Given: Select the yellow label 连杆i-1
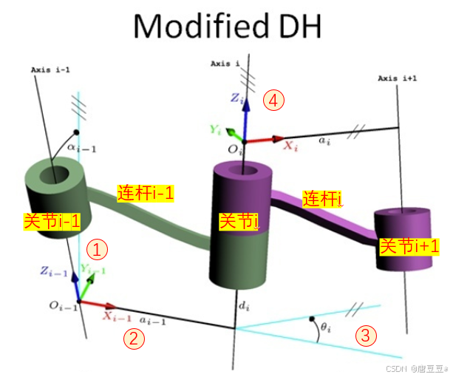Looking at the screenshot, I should coord(146,194).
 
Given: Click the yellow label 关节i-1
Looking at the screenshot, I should coord(51,220).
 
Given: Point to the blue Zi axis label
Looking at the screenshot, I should coord(234,98).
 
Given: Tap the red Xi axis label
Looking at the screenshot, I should coord(291,146).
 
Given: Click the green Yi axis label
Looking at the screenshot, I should coord(216,129).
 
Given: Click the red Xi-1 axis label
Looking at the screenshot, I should coord(118,318).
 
